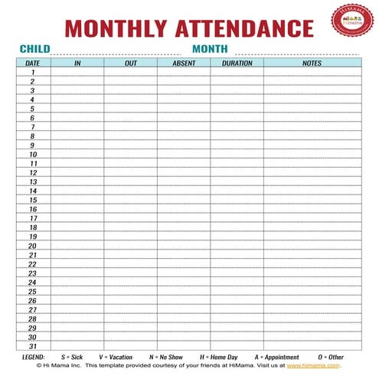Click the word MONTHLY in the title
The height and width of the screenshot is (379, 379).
114,29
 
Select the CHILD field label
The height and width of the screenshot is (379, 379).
34,49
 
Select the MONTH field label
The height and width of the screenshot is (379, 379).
211,49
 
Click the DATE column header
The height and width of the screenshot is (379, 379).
33,63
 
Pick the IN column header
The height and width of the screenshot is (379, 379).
77,63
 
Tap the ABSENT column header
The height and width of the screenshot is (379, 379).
184,63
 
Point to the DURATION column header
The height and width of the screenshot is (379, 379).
237,63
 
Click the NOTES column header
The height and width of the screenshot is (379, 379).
312,63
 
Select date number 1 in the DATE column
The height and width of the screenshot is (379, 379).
33,72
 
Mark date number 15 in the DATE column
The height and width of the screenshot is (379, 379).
33,200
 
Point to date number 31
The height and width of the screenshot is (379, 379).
33,346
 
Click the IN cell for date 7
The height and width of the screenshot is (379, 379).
77,127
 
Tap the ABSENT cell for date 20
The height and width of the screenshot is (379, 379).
184,246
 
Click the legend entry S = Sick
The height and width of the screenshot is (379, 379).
71,357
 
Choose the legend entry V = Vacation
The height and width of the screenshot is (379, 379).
115,357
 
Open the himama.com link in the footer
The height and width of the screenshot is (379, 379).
313,366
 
